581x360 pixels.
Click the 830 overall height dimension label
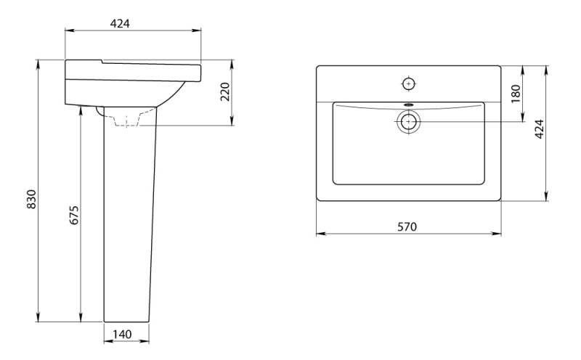pos(32,200)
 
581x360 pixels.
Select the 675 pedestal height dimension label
pos(74,215)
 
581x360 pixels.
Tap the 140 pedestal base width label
pos(122,335)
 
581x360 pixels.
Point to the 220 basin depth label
pos(225,92)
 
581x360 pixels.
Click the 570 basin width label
pos(407,226)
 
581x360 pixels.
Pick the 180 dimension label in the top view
pos(516,94)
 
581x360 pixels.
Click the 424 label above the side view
pos(120,23)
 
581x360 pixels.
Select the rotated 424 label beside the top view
pos(540,129)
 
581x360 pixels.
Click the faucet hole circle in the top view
pos(409,84)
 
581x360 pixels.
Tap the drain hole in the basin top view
pos(409,121)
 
